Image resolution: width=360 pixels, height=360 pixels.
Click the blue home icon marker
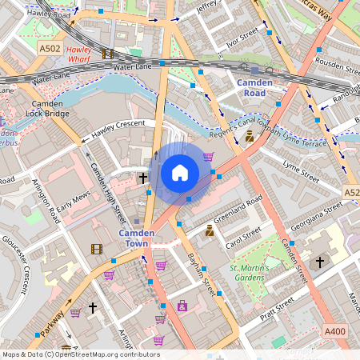[x=180, y=173]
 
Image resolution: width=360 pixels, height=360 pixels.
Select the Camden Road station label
[x=255, y=87]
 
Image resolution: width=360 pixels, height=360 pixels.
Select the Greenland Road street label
[x=237, y=207]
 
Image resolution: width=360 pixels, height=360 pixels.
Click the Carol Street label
[x=243, y=237]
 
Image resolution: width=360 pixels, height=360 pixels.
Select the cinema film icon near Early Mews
[x=96, y=250]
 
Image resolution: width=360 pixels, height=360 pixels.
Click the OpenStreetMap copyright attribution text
[x=81, y=354]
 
